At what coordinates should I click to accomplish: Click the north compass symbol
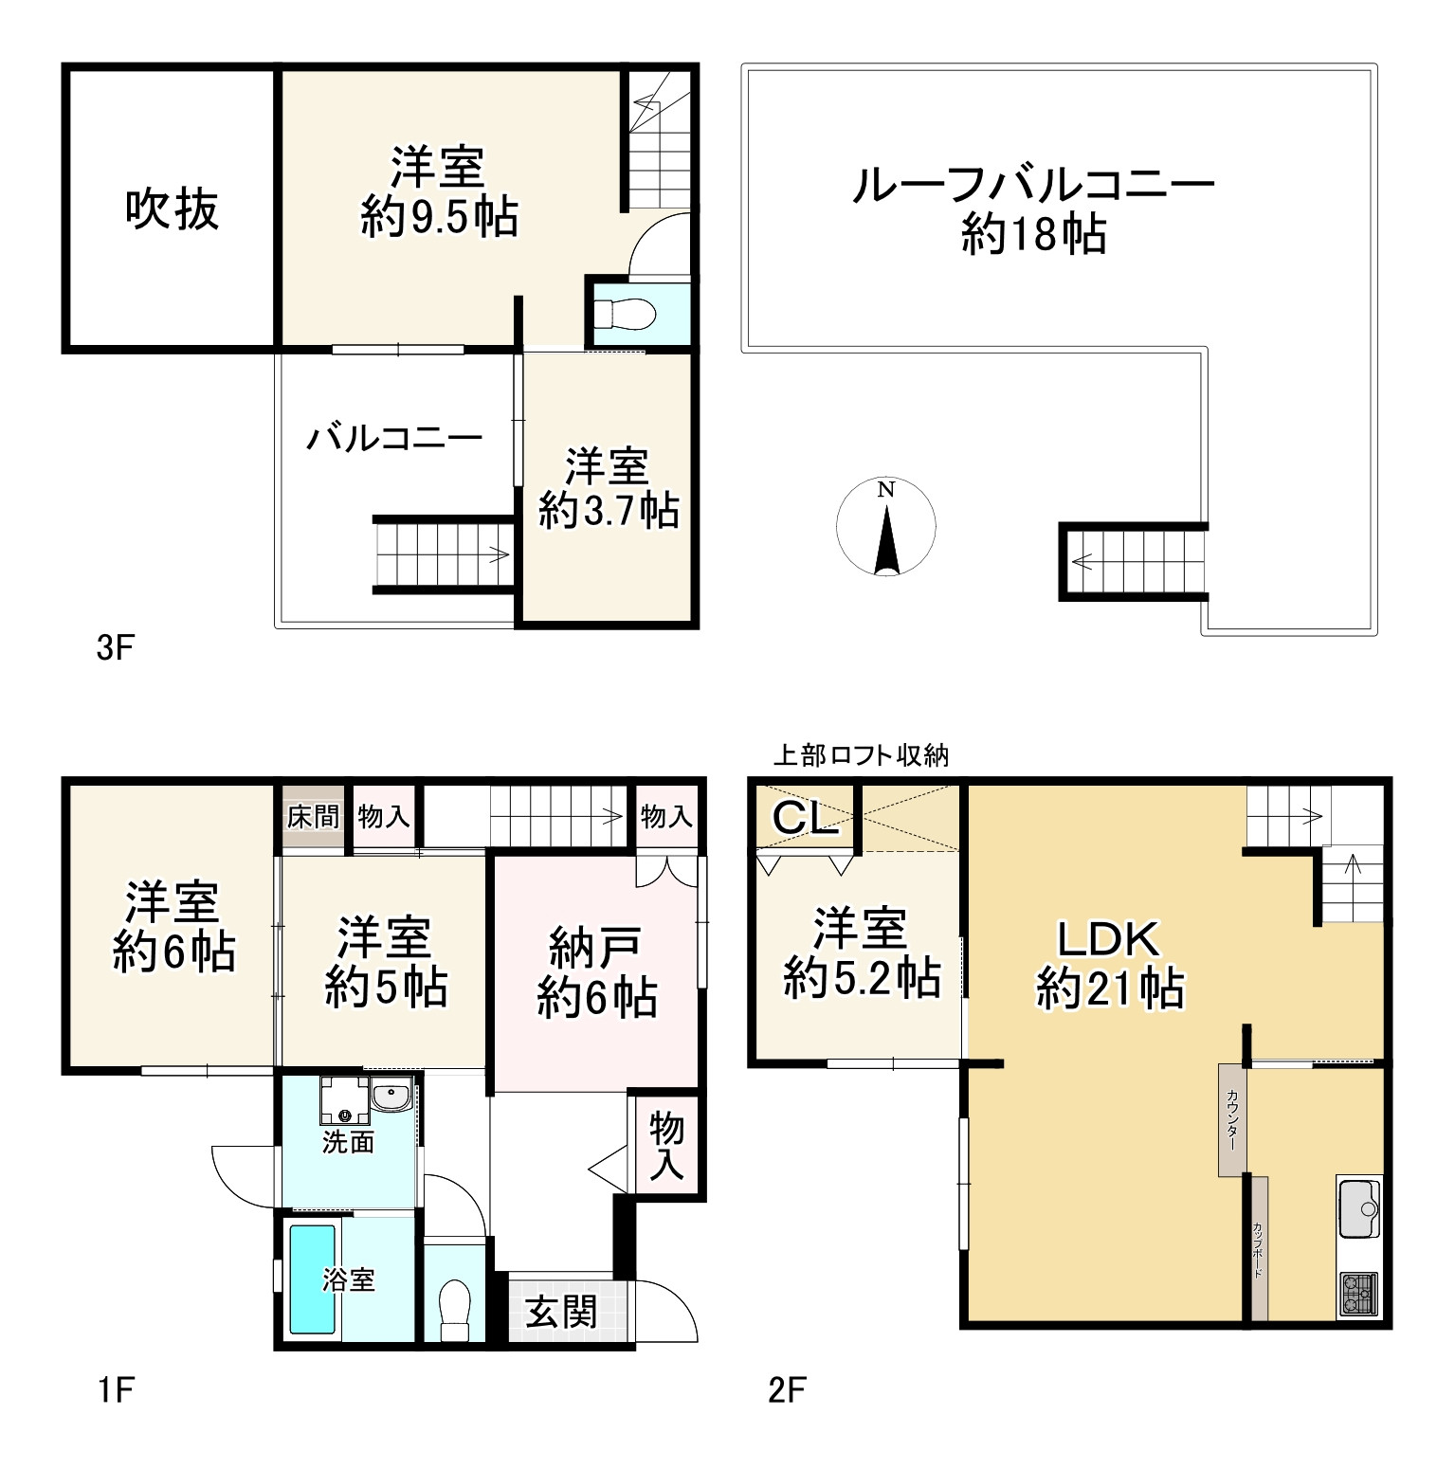(885, 528)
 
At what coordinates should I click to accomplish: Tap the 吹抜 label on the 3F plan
(172, 209)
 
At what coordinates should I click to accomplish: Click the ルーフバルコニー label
(1033, 185)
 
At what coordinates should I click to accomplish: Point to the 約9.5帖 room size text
(439, 218)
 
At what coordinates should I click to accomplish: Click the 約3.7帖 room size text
(609, 512)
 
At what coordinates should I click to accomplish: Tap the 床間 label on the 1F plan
(313, 816)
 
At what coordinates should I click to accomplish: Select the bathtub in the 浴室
(312, 1279)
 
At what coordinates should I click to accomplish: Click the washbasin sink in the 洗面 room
(391, 1097)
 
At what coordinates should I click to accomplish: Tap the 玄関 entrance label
(562, 1313)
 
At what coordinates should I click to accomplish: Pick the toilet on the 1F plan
(456, 1308)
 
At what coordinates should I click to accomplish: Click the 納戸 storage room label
(595, 948)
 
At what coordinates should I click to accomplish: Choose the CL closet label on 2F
(806, 818)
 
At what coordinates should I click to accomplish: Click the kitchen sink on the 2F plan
(1359, 1206)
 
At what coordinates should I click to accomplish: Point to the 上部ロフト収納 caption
(861, 755)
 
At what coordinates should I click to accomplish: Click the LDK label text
(1108, 939)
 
